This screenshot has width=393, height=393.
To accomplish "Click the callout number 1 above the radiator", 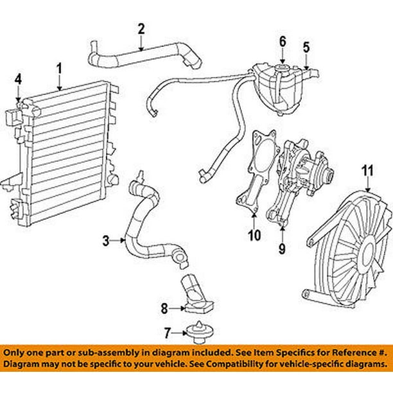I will pos(59,67).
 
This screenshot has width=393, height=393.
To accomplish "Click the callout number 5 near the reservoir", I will pos(306,46).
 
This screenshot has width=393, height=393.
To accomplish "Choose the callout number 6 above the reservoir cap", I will pos(281,42).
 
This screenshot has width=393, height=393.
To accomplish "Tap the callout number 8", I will pos(164,309).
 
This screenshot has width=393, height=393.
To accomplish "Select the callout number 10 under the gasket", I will pos(254,235).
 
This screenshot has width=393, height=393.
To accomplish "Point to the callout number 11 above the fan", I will pos(367,170).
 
